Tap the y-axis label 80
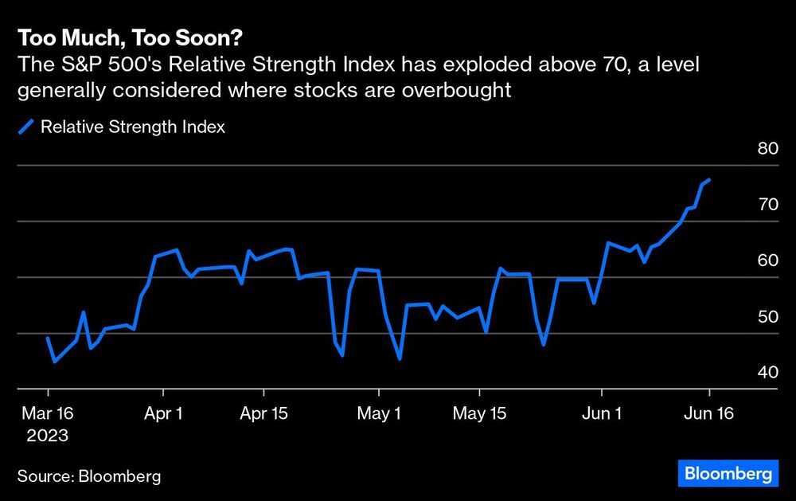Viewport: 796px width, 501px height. click(x=767, y=149)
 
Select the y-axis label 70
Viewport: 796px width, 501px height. click(x=767, y=205)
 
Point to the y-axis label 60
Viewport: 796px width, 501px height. click(x=767, y=260)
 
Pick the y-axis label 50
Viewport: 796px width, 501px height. click(x=767, y=316)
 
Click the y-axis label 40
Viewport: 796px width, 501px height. click(x=767, y=372)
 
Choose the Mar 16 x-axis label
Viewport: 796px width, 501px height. click(x=47, y=414)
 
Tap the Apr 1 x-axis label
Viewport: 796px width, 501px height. click(x=162, y=414)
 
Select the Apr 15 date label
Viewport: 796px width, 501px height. click(x=263, y=414)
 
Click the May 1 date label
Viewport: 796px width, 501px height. click(x=379, y=414)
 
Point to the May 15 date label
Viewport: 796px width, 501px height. click(x=479, y=414)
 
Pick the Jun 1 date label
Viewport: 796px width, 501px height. click(x=602, y=414)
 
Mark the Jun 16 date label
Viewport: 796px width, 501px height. click(x=709, y=414)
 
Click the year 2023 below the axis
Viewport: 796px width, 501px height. click(x=47, y=436)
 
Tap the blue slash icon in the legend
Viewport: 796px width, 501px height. click(x=26, y=127)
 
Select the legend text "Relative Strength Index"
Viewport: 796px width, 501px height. click(x=133, y=127)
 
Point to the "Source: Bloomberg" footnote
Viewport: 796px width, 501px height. click(x=89, y=476)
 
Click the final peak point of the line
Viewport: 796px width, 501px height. click(x=708, y=180)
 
